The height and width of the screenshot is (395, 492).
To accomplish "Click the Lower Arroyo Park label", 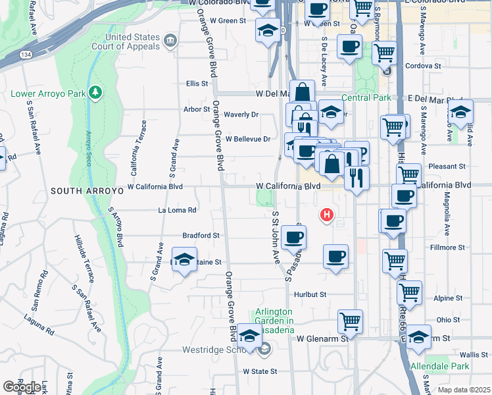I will click(x=49, y=93).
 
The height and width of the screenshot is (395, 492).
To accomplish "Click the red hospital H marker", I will click(x=326, y=215).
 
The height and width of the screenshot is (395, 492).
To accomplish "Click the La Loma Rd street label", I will click(x=178, y=211).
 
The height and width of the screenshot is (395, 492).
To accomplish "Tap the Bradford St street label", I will click(x=201, y=235).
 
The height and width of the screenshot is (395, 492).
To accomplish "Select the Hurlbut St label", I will click(x=310, y=295).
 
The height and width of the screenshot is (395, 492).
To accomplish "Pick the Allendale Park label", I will click(x=439, y=366).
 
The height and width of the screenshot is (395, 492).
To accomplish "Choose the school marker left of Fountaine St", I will click(x=184, y=259).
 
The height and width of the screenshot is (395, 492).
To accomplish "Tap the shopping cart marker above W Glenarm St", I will click(x=351, y=321).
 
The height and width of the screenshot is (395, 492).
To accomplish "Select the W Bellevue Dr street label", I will click(x=248, y=139).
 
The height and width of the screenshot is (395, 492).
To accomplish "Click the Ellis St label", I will click(x=197, y=84).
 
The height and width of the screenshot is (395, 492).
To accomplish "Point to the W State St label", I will click(x=260, y=371).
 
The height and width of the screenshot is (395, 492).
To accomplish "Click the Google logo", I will click(x=22, y=386).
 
